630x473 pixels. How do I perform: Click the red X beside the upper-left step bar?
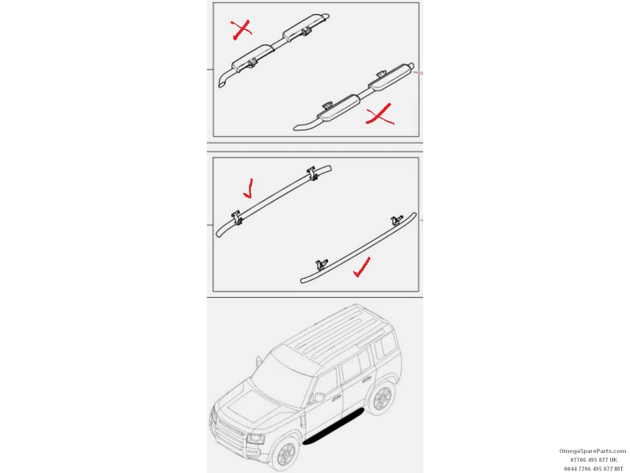241,30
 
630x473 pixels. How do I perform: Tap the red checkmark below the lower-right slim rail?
362,268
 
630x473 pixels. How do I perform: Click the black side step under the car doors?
333,426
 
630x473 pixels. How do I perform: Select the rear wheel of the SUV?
382,397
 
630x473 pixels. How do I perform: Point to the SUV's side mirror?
320,397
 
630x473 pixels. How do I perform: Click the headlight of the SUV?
256,439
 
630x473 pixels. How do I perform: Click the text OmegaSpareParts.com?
592,451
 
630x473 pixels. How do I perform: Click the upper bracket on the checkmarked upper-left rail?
313,174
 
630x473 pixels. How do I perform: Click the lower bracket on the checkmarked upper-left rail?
237,217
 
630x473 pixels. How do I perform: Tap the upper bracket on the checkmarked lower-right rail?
397,220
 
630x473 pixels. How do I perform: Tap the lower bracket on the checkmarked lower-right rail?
321,265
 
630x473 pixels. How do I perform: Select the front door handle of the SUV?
335,398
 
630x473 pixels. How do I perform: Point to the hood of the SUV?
256,402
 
